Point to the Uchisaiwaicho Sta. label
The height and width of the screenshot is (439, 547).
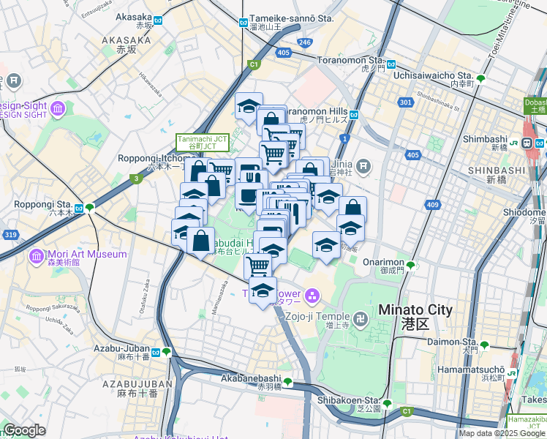pos(434,75)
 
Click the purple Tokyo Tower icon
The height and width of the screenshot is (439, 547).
pos(312,295)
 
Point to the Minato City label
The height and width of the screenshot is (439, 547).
pos(415,310)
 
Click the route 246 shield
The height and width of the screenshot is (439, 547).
pos(305,43)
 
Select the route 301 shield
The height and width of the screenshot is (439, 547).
pos(405,102)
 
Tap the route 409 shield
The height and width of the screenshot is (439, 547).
pos(433,205)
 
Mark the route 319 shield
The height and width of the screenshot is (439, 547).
pos(11,235)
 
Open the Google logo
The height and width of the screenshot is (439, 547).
pos(24,430)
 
